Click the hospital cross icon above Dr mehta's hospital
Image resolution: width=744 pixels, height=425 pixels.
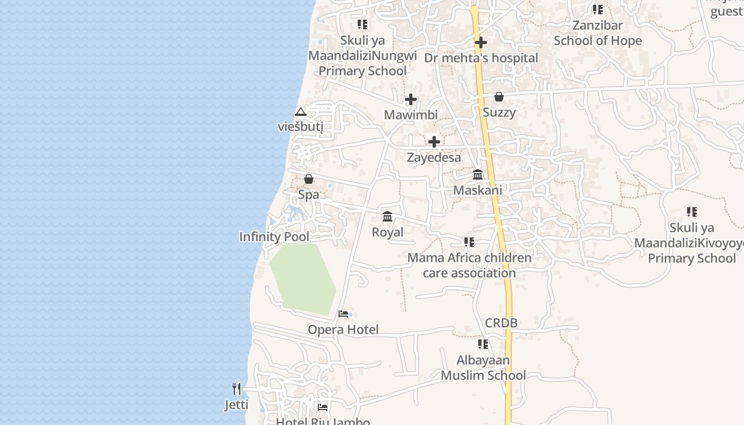tap(481, 42)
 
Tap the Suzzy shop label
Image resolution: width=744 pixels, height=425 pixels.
tap(499, 113)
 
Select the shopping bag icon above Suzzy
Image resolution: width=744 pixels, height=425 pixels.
tap(499, 97)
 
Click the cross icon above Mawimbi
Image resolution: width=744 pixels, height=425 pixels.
tap(411, 99)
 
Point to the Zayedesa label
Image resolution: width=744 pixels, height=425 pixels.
tap(434, 158)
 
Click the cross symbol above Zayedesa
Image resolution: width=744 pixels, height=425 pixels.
tap(434, 142)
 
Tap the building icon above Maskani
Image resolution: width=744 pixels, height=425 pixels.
tap(478, 174)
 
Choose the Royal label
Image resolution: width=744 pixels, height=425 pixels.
tap(387, 232)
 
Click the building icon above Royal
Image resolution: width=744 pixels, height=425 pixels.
tap(387, 217)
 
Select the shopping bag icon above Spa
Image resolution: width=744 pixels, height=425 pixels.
tap(309, 179)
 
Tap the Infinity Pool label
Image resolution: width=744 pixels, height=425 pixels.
tap(274, 237)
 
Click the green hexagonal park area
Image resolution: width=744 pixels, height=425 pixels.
tap(302, 277)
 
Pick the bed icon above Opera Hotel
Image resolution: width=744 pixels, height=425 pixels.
tap(343, 314)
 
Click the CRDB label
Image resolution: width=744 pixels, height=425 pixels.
tap(501, 323)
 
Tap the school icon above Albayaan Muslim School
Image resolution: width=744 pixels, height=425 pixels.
tap(483, 344)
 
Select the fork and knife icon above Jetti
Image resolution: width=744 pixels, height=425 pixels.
tap(236, 389)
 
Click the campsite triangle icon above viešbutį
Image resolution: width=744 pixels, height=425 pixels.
tap(301, 112)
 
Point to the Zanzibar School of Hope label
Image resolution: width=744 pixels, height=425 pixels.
tap(598, 33)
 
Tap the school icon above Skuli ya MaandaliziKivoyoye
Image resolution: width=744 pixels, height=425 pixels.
tap(691, 212)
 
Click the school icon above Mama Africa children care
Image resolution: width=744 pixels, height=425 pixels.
tap(469, 242)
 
